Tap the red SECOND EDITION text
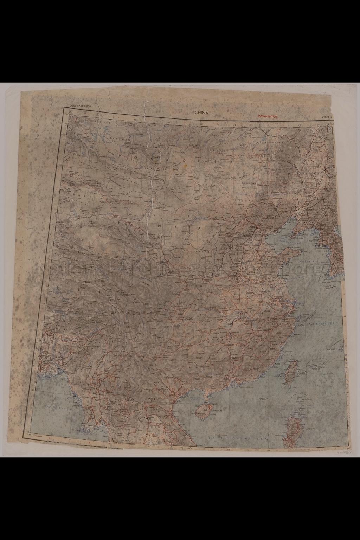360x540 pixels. [x=268, y=116]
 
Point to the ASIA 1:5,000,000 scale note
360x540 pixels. [x=81, y=110]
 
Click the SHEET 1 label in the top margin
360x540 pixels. [x=326, y=117]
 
